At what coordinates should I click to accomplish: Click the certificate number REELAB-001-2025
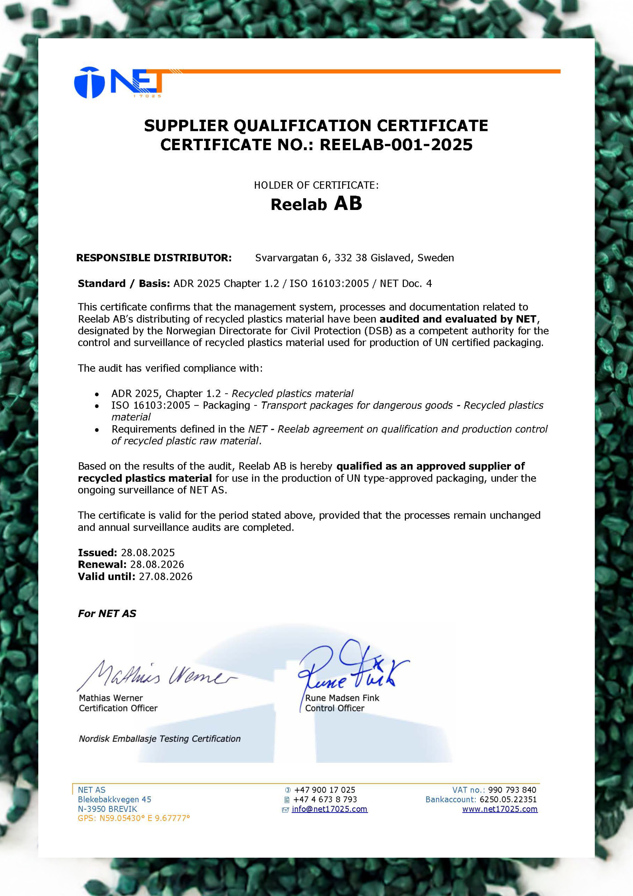pyautogui.click(x=396, y=145)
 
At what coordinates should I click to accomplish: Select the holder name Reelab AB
pyautogui.click(x=316, y=204)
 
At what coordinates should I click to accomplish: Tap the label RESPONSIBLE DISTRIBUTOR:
pyautogui.click(x=154, y=258)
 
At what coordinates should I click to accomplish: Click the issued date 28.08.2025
pyautogui.click(x=148, y=552)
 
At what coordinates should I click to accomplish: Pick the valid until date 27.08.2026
pyautogui.click(x=166, y=576)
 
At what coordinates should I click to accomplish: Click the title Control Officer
pyautogui.click(x=335, y=708)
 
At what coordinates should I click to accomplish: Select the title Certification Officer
pyautogui.click(x=118, y=708)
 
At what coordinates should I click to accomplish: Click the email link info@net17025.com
pyautogui.click(x=330, y=809)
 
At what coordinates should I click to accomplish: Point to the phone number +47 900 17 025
pyautogui.click(x=324, y=790)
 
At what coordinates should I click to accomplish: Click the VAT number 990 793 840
pyautogui.click(x=512, y=790)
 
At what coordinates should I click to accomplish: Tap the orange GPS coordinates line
pyautogui.click(x=134, y=818)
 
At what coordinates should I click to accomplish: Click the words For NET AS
pyautogui.click(x=107, y=614)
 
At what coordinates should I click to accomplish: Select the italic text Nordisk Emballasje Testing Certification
pyautogui.click(x=160, y=739)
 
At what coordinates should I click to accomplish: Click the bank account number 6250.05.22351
pyautogui.click(x=508, y=799)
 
